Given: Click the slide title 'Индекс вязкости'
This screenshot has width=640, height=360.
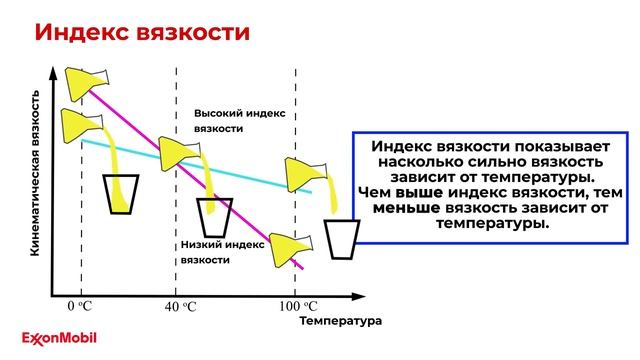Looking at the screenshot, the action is (x=141, y=32).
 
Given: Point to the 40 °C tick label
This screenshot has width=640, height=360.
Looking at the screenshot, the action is (x=181, y=306).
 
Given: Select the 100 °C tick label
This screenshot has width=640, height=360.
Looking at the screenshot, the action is (x=297, y=306).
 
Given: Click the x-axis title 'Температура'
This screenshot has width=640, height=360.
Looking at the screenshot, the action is (x=340, y=322).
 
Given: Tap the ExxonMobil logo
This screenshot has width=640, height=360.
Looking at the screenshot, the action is (x=64, y=338).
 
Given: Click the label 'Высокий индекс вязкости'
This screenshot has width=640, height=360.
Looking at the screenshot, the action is (x=239, y=121).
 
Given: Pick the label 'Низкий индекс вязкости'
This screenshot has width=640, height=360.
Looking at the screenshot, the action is (x=222, y=251).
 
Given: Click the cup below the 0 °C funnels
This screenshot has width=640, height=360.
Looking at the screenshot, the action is (x=123, y=192).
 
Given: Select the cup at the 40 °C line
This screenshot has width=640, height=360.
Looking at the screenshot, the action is (x=214, y=217).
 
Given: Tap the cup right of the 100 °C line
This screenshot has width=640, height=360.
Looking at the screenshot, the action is (x=343, y=239).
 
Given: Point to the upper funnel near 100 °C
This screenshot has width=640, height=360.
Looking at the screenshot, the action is (x=303, y=173).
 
